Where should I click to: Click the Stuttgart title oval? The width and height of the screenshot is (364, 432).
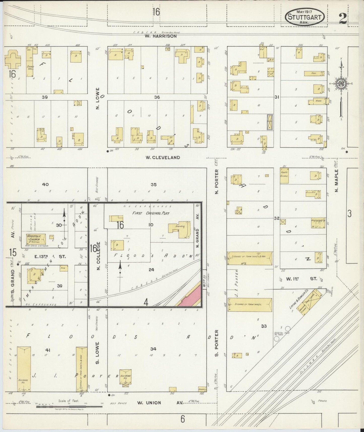(305, 17)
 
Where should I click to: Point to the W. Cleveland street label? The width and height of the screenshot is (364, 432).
(162, 158)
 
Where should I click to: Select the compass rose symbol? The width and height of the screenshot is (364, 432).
(341, 84)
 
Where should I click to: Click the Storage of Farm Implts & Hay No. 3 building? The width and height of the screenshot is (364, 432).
(250, 258)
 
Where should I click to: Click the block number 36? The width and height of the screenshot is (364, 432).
(157, 97)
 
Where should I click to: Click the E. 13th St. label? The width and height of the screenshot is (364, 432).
(50, 257)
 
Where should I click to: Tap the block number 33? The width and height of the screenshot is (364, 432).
(264, 326)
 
